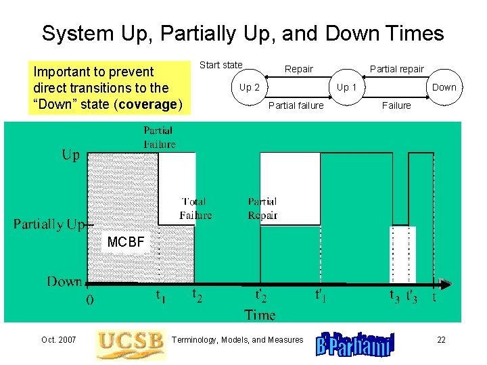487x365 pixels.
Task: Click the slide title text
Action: pos(243,33)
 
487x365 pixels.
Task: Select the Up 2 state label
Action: pos(249,87)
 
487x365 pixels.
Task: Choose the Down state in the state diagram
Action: pos(444,87)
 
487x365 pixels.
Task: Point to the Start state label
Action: pos(221,65)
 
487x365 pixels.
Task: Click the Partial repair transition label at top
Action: pos(396,69)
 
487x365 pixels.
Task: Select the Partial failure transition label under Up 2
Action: pos(296,105)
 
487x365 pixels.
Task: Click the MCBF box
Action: pos(126,241)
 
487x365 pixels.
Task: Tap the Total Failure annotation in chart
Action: pos(195,208)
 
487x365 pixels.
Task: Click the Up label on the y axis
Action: pos(70,155)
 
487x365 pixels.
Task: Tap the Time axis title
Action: pos(260,314)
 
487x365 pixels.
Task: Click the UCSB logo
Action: pos(130,344)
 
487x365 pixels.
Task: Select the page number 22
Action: pos(441,340)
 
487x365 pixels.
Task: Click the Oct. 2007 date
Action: pos(58,340)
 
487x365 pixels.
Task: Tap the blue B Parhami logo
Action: pos(354,345)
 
